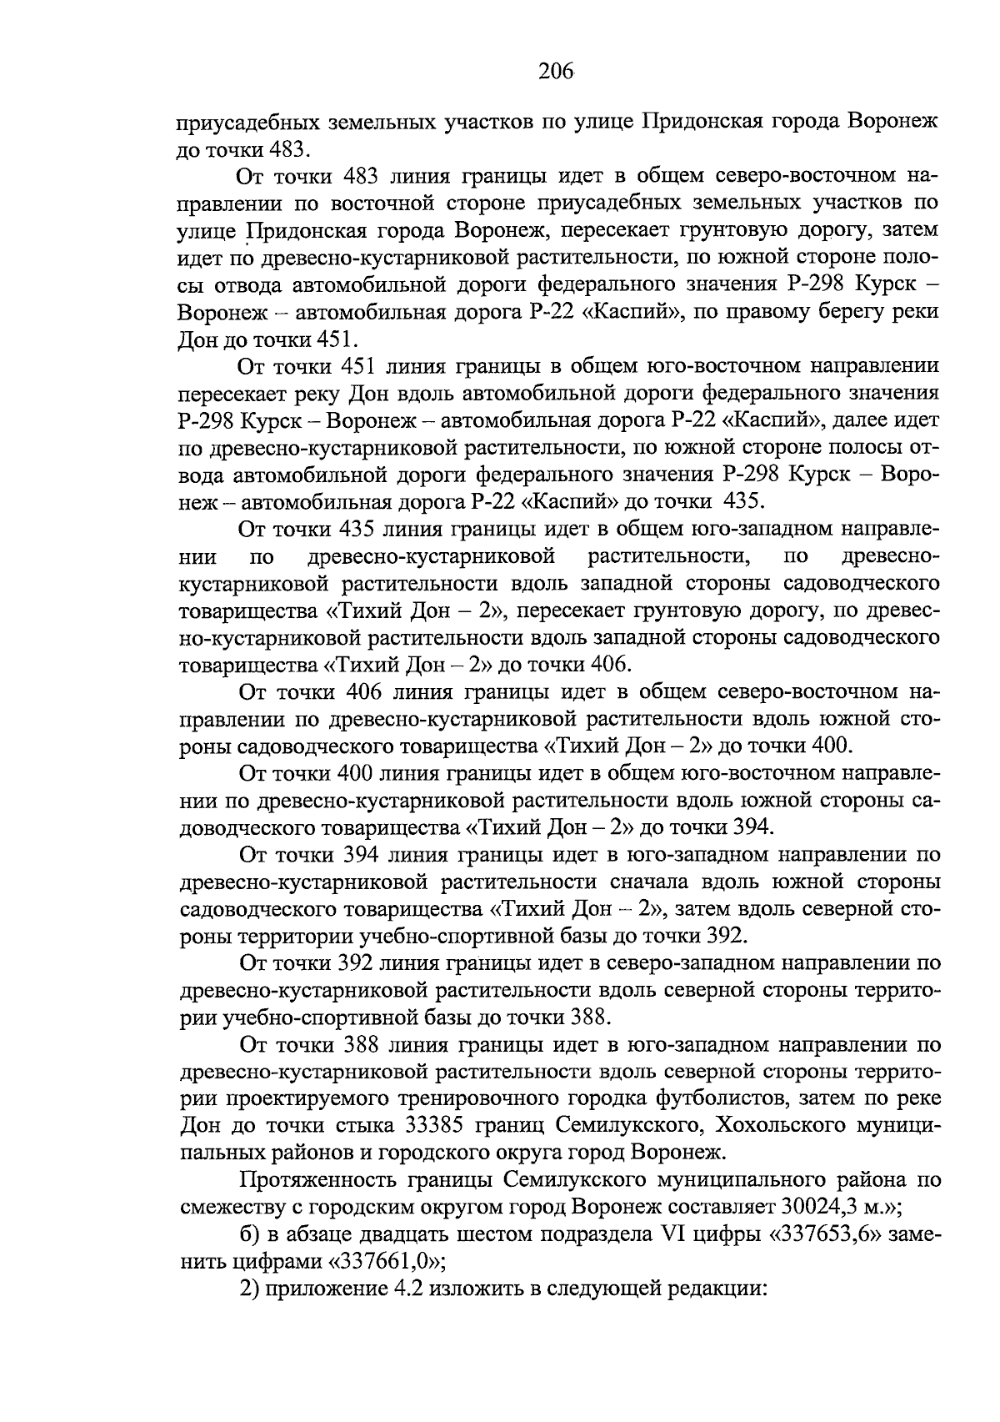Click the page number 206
pos(556,73)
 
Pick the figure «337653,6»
pos(827,1235)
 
